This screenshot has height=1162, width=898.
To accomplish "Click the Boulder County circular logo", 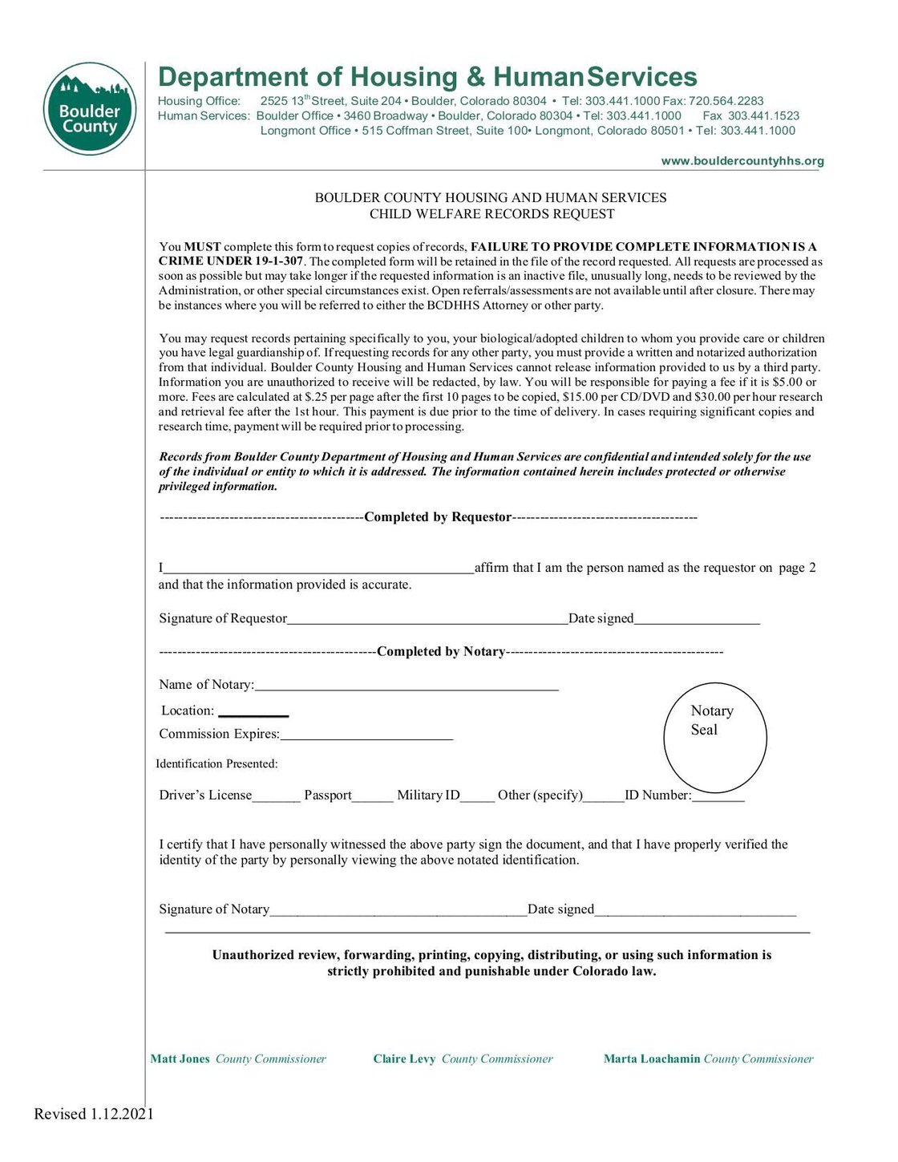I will pyautogui.click(x=90, y=109).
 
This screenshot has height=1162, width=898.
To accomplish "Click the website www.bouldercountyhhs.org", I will pyautogui.click(x=742, y=161).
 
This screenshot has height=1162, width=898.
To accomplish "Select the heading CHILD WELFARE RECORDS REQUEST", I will pyautogui.click(x=491, y=214).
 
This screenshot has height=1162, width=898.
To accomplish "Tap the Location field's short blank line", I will pyautogui.click(x=253, y=714).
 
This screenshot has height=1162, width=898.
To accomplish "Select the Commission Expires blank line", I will pyautogui.click(x=366, y=736).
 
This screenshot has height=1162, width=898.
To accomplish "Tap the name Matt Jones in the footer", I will pyautogui.click(x=180, y=1059).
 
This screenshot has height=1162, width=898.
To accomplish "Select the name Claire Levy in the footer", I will pyautogui.click(x=404, y=1059).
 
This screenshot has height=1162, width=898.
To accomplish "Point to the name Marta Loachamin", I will pyautogui.click(x=651, y=1059).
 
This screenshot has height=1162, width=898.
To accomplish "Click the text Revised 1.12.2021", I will pyautogui.click(x=93, y=1113).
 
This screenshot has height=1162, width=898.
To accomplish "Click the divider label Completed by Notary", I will pyautogui.click(x=441, y=651).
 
